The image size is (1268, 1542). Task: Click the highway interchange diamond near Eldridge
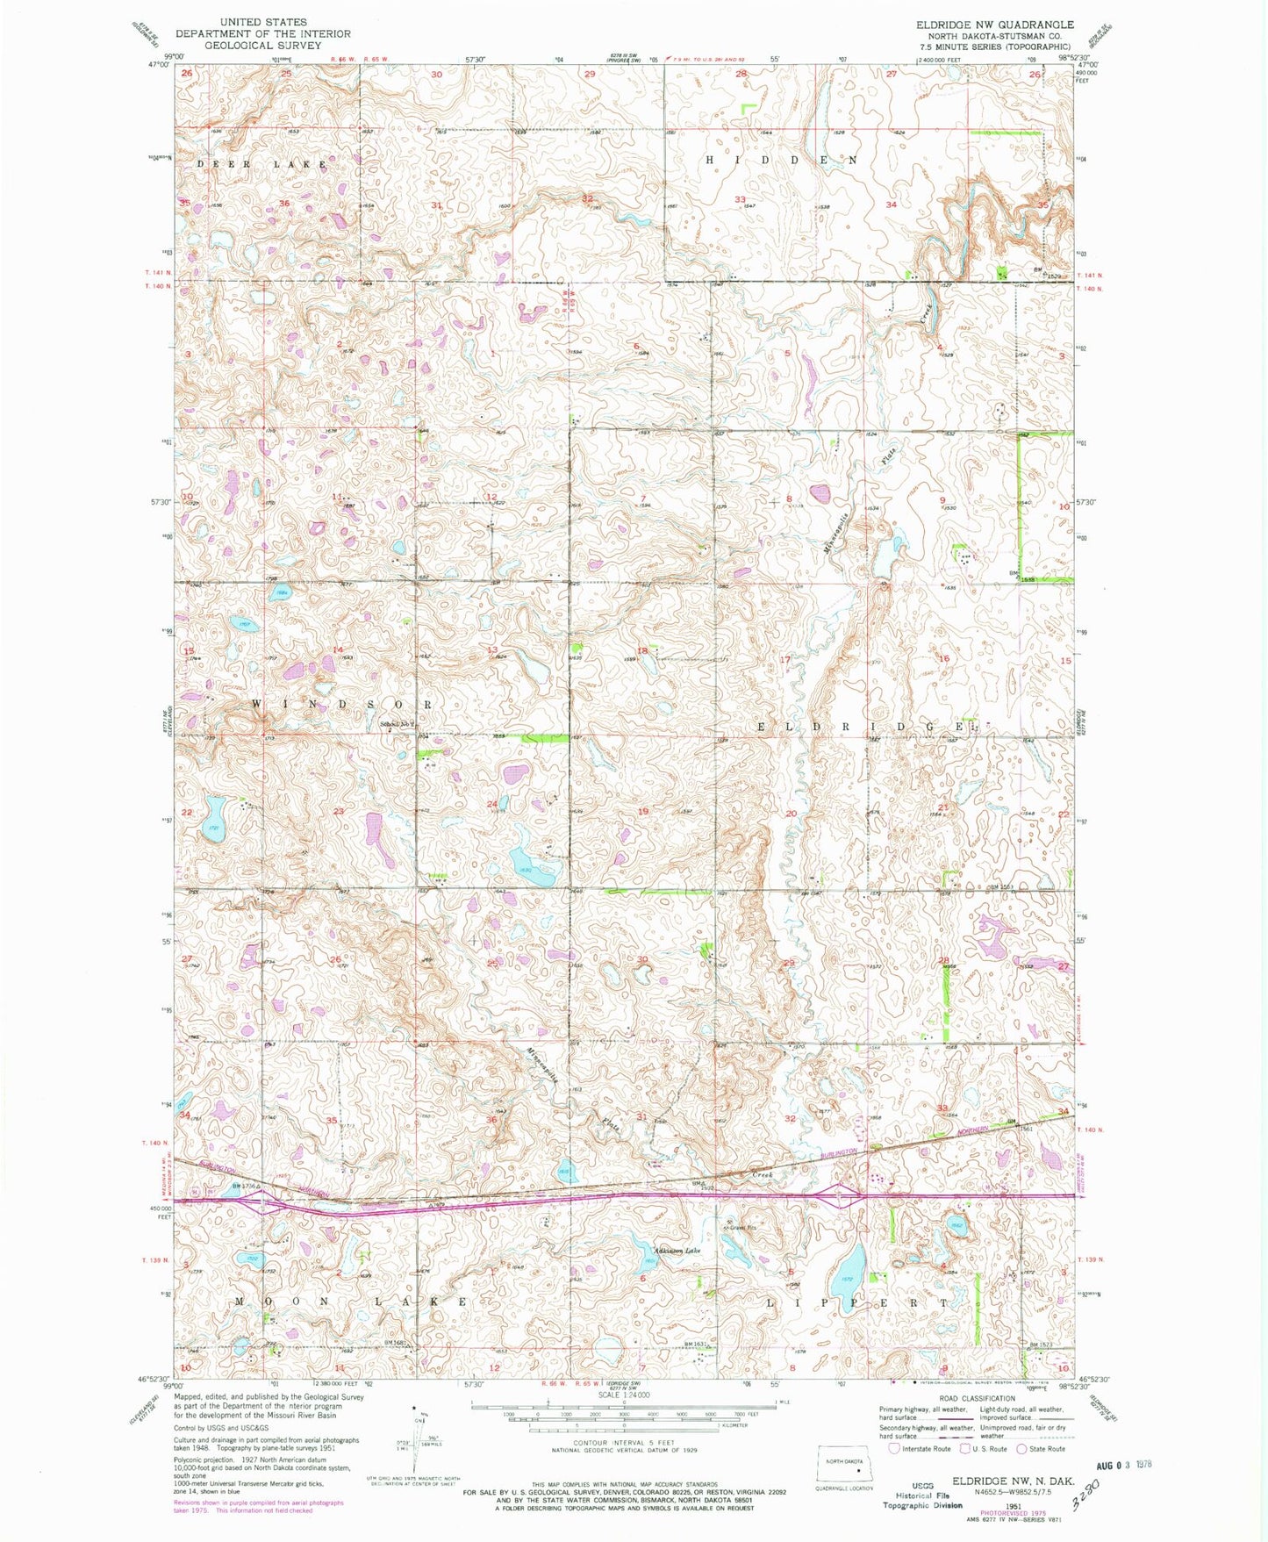point(839,1195)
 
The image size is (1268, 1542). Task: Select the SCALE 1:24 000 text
point(624,1395)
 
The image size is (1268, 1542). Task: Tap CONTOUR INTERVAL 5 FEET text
point(624,1442)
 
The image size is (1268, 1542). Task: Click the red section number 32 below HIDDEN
point(587,199)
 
